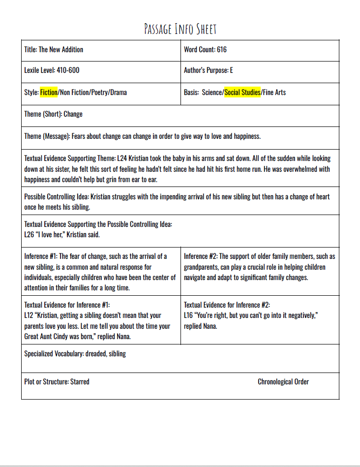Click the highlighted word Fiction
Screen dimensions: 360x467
tap(49, 92)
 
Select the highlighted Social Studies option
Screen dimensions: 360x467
tap(242, 92)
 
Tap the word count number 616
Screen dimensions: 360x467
tap(221, 49)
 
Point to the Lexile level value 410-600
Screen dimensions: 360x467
tap(68, 70)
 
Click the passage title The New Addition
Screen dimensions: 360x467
tap(61, 49)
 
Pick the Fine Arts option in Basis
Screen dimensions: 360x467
tap(274, 92)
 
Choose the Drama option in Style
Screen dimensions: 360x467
tap(119, 92)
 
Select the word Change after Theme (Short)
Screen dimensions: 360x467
tap(73, 114)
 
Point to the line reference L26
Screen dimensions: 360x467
tap(29, 235)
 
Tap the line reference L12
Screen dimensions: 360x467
tap(29, 315)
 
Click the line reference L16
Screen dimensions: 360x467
tap(188, 315)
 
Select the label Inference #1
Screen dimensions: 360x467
tap(40, 256)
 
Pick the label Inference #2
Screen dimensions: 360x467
tap(200, 256)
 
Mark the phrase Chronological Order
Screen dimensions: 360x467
tap(283, 381)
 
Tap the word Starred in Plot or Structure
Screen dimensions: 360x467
tap(80, 381)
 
